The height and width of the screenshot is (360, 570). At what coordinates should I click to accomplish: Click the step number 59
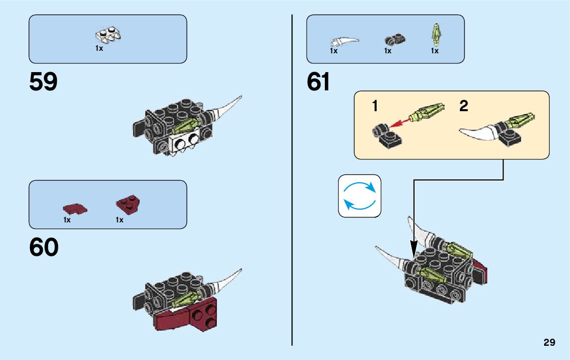pyautogui.click(x=44, y=82)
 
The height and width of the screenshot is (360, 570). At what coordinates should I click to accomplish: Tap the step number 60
pyautogui.click(x=44, y=248)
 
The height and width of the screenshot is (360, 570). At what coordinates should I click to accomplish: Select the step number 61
pyautogui.click(x=318, y=82)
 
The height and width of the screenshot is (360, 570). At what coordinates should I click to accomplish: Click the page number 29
pyautogui.click(x=549, y=343)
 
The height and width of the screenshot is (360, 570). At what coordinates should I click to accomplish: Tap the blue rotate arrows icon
pyautogui.click(x=359, y=196)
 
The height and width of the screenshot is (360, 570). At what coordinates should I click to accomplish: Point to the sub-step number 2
pyautogui.click(x=463, y=106)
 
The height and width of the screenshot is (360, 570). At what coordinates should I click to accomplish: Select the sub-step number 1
pyautogui.click(x=375, y=106)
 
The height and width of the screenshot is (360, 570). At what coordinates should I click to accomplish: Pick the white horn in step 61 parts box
pyautogui.click(x=345, y=40)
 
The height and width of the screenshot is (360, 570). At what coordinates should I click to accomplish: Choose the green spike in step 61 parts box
pyautogui.click(x=435, y=34)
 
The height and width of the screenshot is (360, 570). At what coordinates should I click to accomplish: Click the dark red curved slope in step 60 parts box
pyautogui.click(x=74, y=208)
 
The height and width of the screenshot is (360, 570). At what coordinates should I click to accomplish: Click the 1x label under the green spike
pyautogui.click(x=435, y=51)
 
